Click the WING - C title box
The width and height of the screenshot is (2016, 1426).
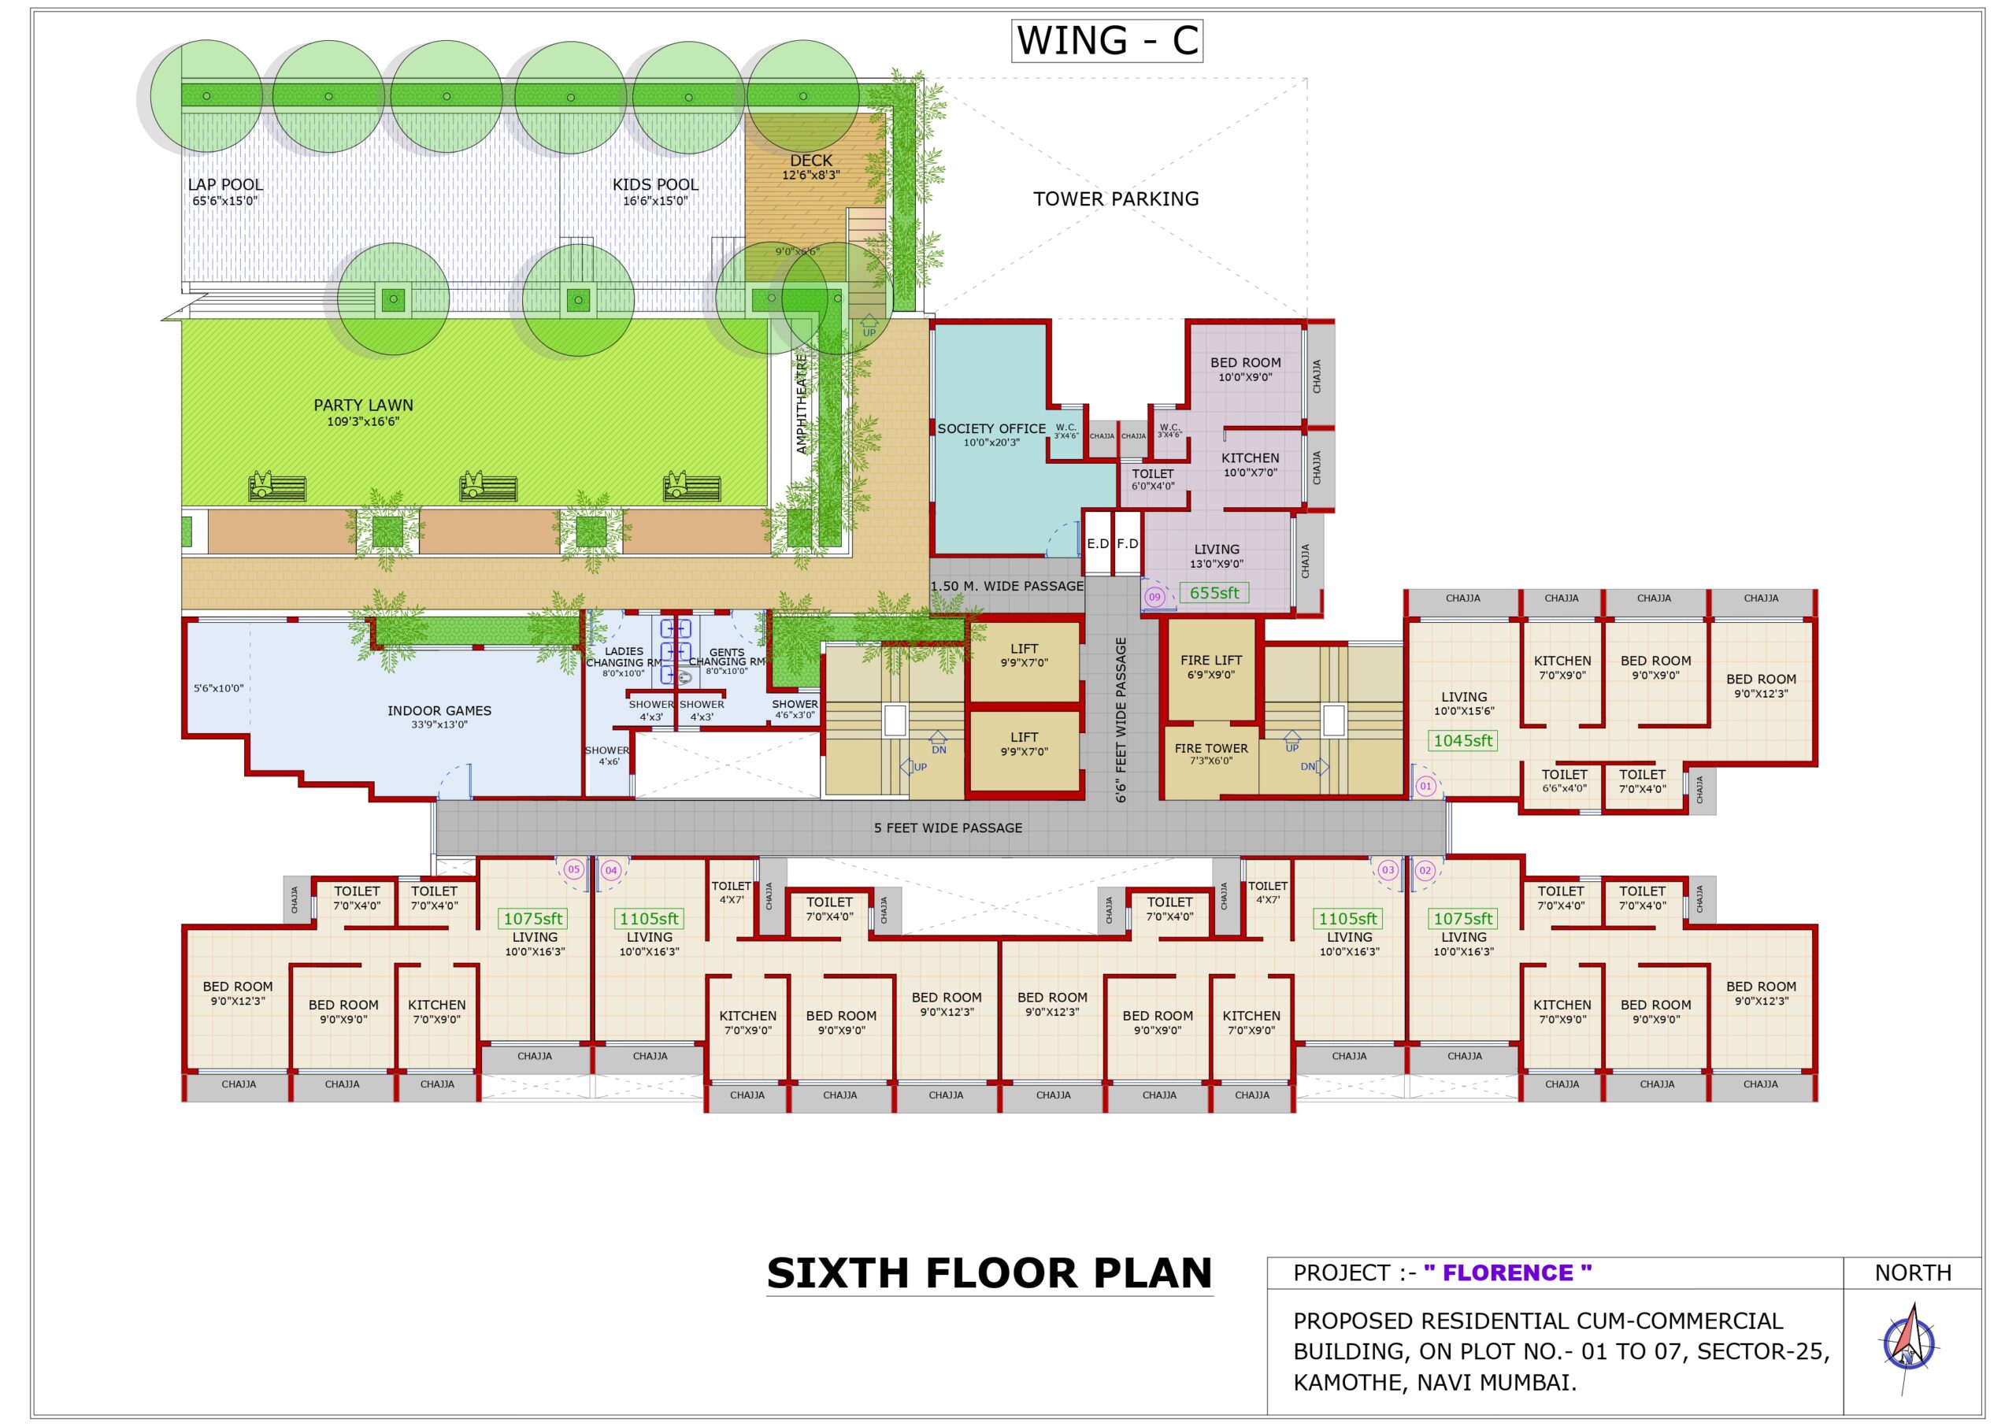tap(1106, 41)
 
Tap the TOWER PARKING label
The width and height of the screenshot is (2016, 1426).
tap(1115, 199)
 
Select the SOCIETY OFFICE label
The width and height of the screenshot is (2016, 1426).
tap(991, 429)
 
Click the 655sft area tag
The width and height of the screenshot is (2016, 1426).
tap(1214, 594)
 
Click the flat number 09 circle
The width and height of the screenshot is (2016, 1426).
tap(1154, 597)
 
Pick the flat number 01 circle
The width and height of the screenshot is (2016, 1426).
tap(1425, 787)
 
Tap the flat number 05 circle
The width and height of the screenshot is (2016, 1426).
tap(573, 870)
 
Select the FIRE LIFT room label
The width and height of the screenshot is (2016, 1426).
tap(1211, 661)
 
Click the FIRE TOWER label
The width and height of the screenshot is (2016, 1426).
tap(1211, 749)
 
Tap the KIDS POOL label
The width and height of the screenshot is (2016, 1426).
tap(655, 185)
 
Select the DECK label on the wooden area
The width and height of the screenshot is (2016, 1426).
tap(810, 161)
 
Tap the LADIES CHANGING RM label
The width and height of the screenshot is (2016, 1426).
tap(624, 657)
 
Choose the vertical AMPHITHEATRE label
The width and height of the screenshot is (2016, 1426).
tap(801, 404)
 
